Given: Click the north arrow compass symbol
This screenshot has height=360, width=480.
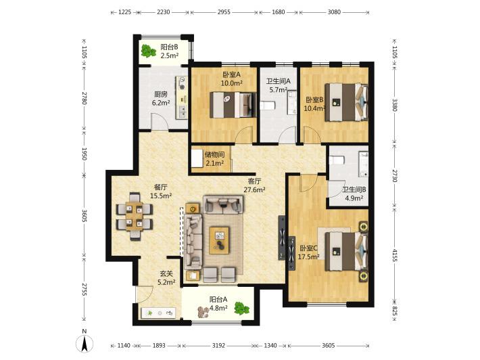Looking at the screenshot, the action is coord(85,343).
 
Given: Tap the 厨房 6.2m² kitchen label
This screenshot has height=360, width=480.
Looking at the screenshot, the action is coord(161,98).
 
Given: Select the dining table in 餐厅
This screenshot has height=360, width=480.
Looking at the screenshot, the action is coord(135,217).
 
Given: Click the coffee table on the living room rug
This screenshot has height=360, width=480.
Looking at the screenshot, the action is coord(219,240).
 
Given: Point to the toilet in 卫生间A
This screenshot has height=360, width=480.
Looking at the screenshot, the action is coord(268,106).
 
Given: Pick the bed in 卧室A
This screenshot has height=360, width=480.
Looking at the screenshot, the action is coord(233,105).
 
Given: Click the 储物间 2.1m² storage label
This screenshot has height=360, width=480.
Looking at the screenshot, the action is coord(214,159).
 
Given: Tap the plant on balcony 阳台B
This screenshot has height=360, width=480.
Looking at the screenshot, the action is coord(149,51).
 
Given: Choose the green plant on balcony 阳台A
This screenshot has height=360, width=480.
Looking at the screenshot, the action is coord(242,309).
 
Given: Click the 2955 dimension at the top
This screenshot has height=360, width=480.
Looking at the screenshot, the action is coord(224,12).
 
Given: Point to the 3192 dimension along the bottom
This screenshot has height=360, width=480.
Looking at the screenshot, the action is coord(218,346).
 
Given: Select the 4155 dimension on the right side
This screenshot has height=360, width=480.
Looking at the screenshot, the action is coord(395,256).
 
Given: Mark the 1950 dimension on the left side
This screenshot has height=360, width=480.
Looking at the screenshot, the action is coord(85,154).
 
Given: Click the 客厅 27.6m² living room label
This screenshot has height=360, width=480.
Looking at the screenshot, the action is coord(254,185).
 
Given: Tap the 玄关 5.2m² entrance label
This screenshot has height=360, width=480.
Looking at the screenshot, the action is coord(166,277).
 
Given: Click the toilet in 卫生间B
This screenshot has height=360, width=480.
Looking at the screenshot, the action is coord(337,160).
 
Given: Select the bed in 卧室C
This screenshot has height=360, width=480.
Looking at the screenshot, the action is coord(346,251).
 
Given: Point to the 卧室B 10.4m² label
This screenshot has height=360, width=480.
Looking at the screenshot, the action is coord(314,104).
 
